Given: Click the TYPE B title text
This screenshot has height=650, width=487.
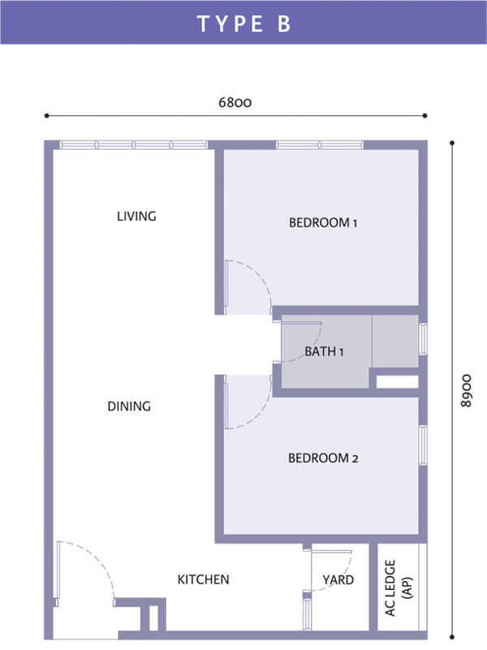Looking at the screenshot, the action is (244, 24).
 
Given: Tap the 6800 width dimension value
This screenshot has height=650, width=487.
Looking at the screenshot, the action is (235, 102).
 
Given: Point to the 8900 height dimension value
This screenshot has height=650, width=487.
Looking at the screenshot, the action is (466, 391).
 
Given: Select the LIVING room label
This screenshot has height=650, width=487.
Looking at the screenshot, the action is (136, 216).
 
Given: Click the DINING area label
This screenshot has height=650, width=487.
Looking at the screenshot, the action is (129, 406).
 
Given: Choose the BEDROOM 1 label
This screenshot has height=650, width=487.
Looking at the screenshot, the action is (323, 223).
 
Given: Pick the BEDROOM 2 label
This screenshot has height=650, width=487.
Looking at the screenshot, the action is (323, 458).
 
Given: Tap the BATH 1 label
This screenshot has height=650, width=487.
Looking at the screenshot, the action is (324, 352).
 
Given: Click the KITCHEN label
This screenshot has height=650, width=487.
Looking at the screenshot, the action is (203, 579).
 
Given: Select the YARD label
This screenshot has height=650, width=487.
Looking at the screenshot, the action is (338, 579).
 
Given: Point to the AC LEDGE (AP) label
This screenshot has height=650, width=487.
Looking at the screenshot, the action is (398, 587).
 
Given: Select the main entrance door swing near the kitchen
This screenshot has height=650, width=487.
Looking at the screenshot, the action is (100, 559).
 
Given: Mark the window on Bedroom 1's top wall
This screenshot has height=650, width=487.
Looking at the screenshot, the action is (320, 145).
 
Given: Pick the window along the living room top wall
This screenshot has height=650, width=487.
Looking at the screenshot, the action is (133, 145).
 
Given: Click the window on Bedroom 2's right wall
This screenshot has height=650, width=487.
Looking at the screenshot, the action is (422, 444).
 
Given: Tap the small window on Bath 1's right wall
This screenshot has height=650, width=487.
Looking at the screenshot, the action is (422, 340).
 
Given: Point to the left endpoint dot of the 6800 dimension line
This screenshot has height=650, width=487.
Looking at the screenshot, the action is (47, 115).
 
